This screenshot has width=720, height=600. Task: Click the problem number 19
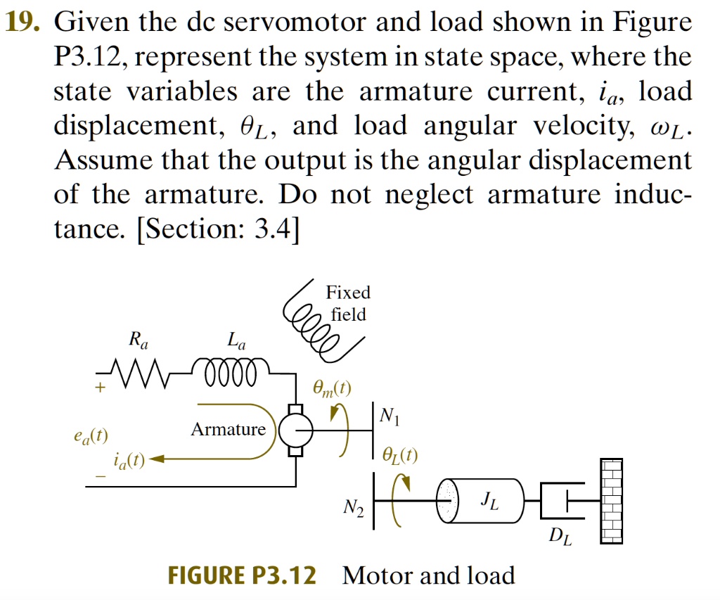coord(23,24)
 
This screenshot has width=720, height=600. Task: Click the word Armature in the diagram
coord(228,429)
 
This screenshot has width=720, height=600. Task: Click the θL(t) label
coord(399,457)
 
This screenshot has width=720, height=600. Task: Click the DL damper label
coord(557,540)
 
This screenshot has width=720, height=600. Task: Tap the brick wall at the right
coord(611,500)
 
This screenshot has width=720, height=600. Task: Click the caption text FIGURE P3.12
coord(242,575)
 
